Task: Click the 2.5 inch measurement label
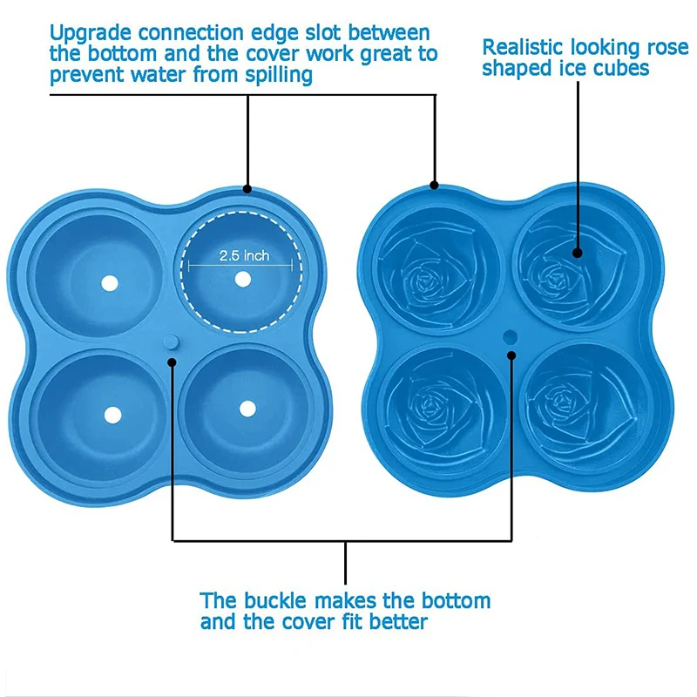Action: pos(244,256)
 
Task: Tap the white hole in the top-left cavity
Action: pos(110,285)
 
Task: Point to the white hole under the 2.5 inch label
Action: pos(243,279)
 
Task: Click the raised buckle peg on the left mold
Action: pos(172,341)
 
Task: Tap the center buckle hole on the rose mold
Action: pos(511,335)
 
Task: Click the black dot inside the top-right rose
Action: pos(578,254)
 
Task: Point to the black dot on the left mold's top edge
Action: pos(248,188)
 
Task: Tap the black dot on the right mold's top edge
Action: pos(435,185)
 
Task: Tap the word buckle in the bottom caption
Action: pos(279,601)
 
